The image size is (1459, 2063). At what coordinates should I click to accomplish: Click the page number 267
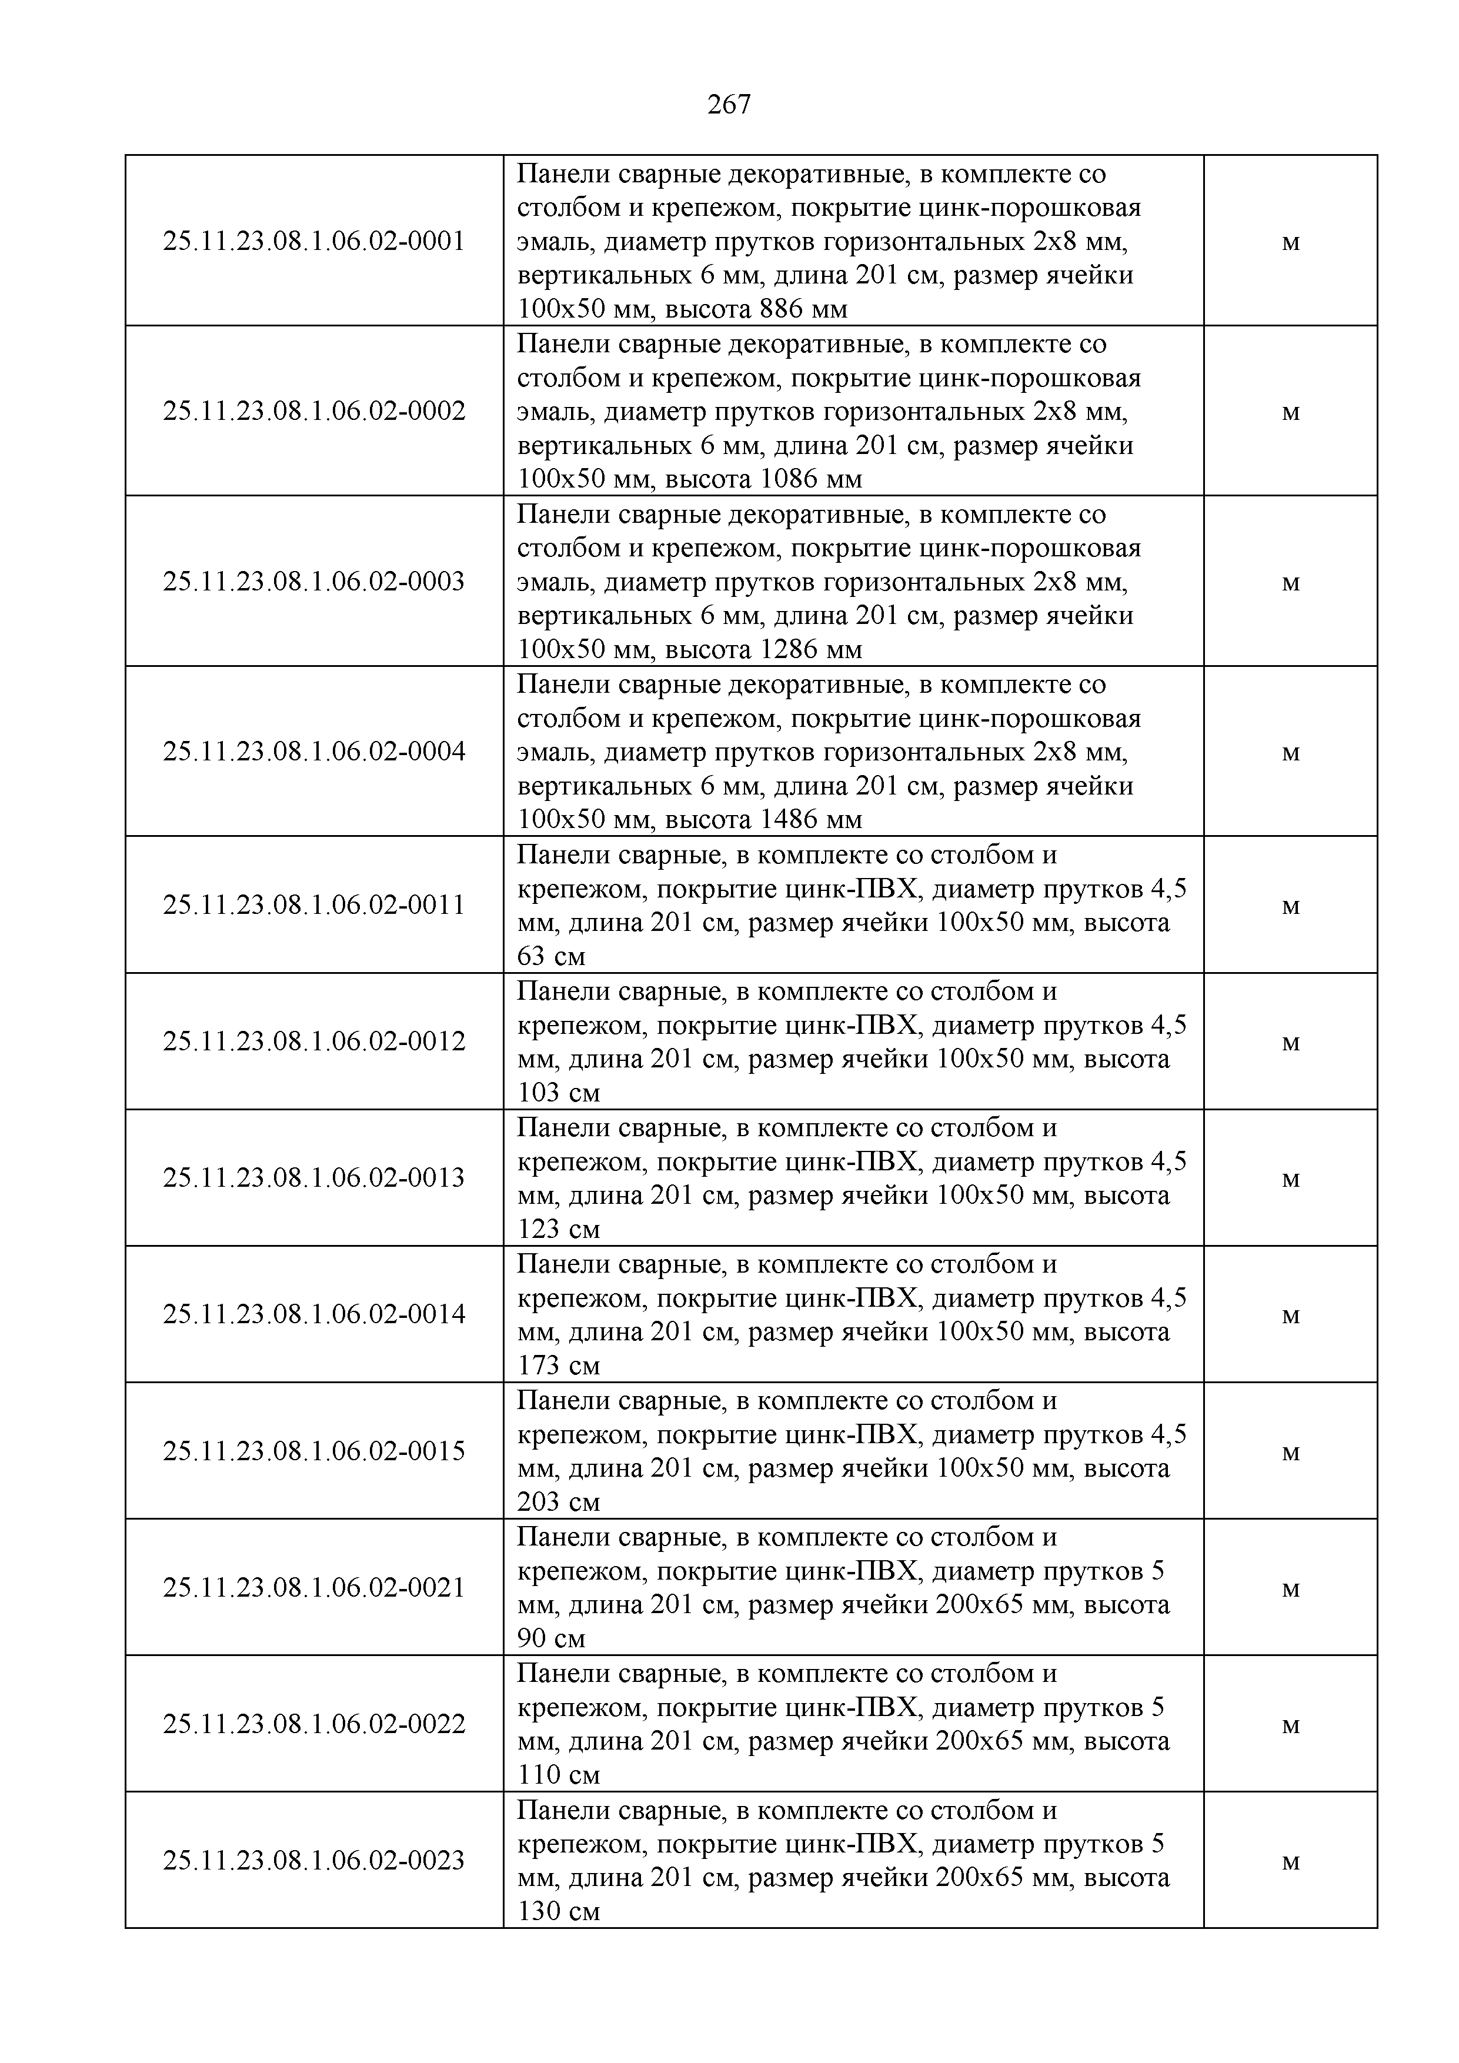click(x=729, y=105)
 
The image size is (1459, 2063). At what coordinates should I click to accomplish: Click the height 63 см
click(x=550, y=957)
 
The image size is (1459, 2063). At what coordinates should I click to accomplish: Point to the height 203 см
click(x=558, y=1503)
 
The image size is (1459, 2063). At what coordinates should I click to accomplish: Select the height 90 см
click(x=550, y=1639)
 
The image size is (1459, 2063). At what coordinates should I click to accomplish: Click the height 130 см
click(x=558, y=1912)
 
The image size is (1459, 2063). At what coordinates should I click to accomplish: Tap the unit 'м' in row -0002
click(x=1290, y=412)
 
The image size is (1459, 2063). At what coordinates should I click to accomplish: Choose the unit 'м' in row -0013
click(x=1290, y=1179)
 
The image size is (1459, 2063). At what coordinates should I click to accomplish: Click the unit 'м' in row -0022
click(x=1290, y=1725)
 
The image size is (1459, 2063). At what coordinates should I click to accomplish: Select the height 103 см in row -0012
click(x=558, y=1093)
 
